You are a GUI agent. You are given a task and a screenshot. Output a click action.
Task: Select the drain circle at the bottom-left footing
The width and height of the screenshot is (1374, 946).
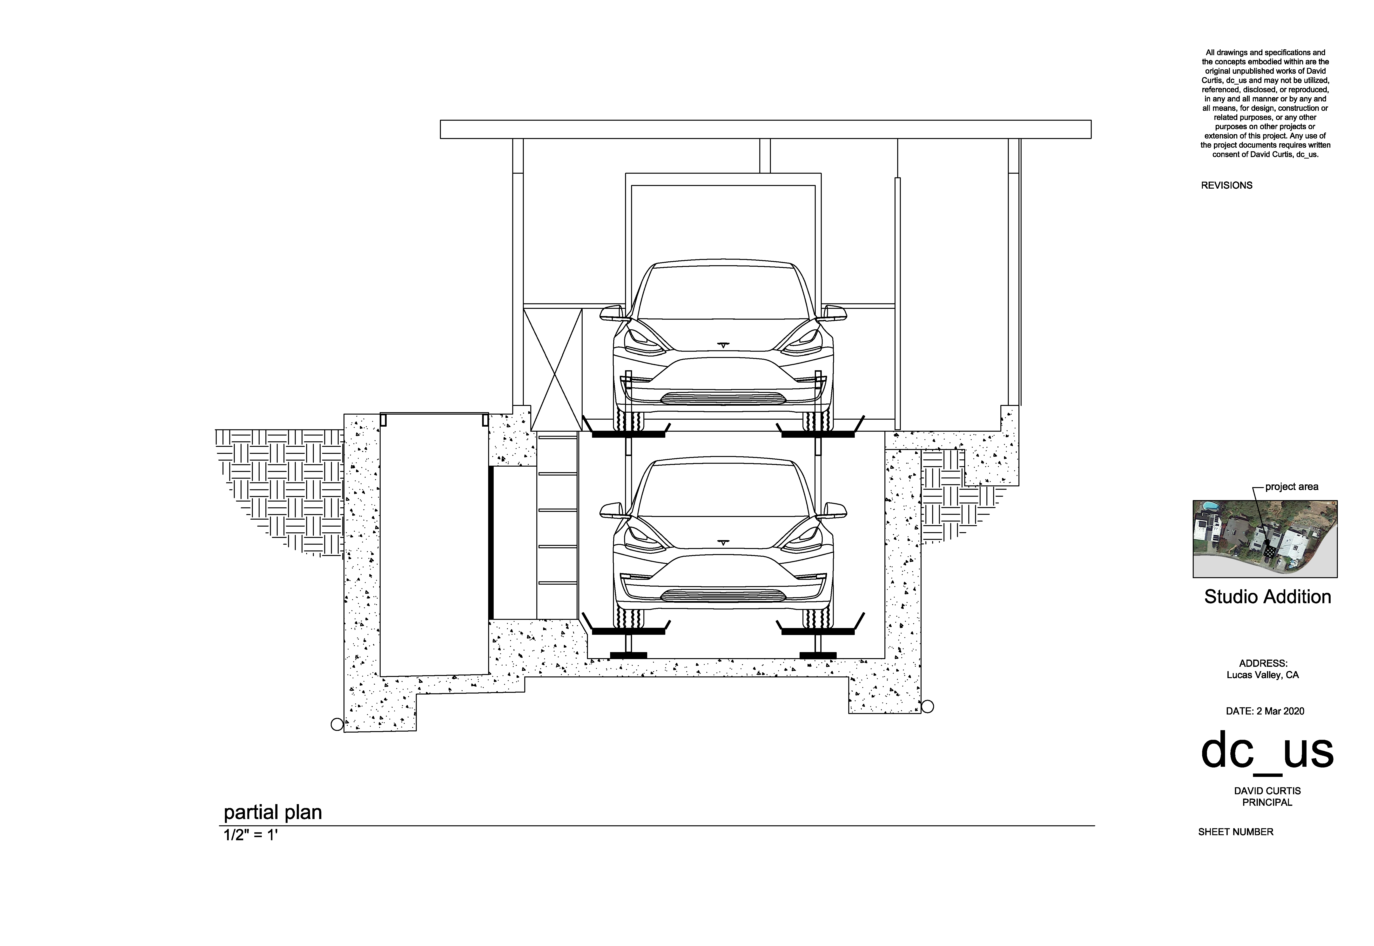[x=337, y=724]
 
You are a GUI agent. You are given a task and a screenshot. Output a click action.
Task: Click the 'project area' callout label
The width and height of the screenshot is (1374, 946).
[x=1292, y=487]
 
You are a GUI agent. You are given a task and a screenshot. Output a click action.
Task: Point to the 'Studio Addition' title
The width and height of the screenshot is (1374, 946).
[x=1267, y=596]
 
